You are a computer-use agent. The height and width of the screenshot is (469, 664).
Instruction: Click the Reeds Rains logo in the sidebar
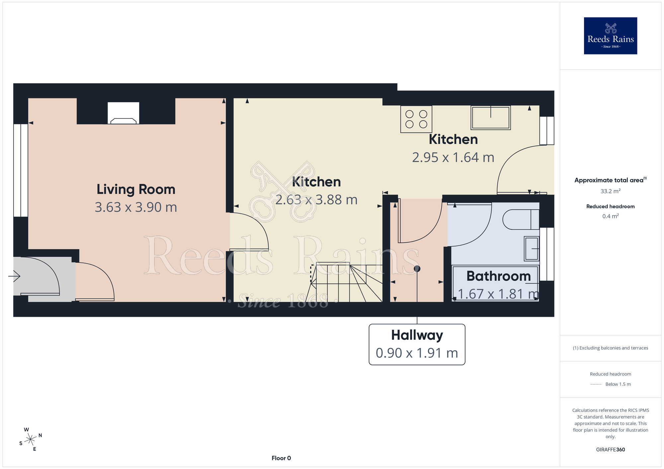pos(610,36)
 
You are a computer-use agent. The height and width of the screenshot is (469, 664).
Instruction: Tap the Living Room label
pos(136,189)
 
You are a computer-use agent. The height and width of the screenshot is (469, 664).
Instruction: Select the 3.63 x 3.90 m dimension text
pos(136,207)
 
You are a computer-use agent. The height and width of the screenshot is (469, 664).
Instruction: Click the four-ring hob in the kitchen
pos(416,119)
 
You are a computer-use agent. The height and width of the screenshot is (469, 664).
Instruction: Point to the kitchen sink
pos(491,117)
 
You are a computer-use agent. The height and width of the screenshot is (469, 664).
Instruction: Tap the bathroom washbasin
pos(532,248)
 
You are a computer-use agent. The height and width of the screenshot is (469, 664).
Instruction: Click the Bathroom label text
pos(498,276)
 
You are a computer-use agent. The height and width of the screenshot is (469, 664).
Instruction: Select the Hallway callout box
pos(417,344)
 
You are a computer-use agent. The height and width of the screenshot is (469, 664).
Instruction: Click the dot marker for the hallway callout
pos(417,269)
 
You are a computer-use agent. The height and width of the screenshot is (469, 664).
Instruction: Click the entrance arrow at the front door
pos(14,276)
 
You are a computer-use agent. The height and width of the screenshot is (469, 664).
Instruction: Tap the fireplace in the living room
pos(124,113)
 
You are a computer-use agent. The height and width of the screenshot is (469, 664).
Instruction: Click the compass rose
pos(31,439)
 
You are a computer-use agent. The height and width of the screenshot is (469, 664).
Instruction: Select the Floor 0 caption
pos(281,458)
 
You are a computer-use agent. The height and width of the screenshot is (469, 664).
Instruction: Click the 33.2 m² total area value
pos(611,191)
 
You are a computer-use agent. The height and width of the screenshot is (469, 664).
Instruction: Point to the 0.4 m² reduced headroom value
pos(611,216)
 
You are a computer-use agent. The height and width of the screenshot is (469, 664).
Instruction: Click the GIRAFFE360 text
pos(611,450)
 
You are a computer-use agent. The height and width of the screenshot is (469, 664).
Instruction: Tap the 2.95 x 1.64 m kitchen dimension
pos(453,158)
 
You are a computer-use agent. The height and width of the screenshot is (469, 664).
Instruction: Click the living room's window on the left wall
pos(21,170)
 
